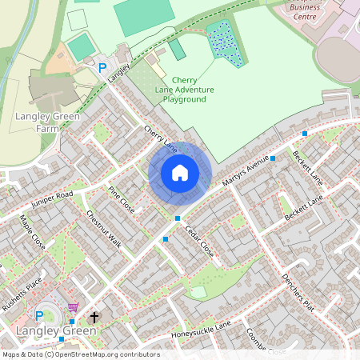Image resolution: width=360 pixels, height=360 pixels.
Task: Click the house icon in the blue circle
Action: (x=180, y=173)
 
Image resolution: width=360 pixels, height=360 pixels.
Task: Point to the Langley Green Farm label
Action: (x=38, y=122)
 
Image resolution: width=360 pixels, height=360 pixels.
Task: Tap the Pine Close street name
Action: (x=122, y=199)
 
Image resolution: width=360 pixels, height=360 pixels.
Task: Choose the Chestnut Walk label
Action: (x=103, y=229)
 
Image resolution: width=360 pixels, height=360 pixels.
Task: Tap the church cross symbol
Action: (x=94, y=318)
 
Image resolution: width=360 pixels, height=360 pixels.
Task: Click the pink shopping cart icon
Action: (x=73, y=307)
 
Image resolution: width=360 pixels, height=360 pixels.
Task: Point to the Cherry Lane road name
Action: (x=161, y=138)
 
